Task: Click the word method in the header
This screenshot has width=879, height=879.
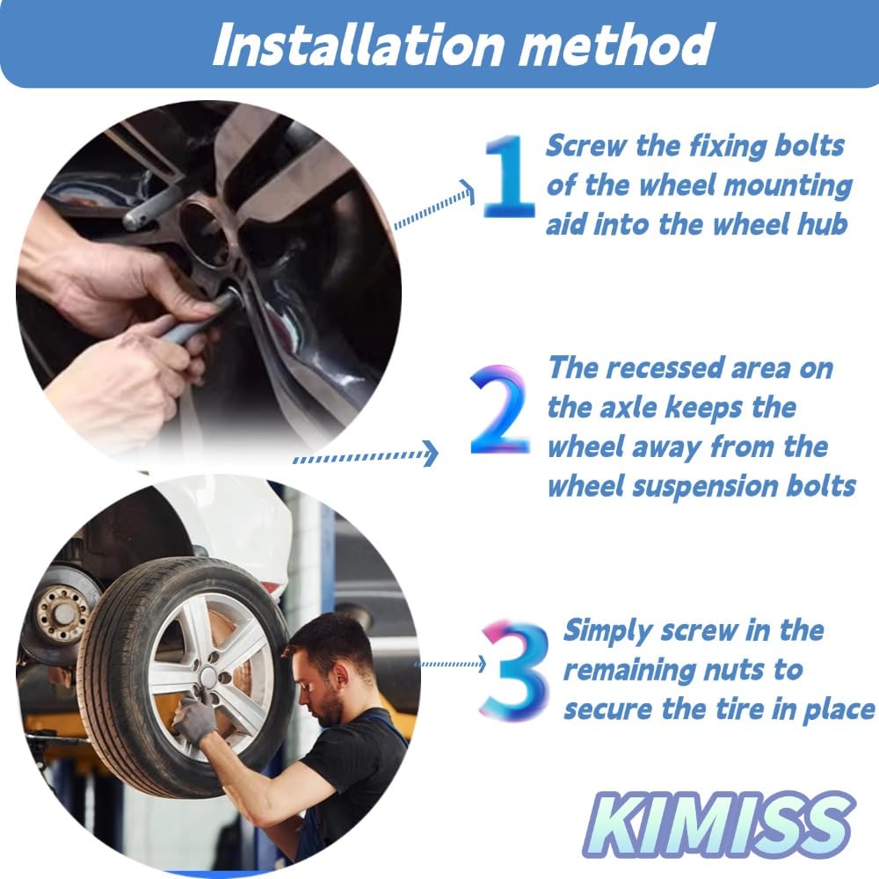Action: pos(615,45)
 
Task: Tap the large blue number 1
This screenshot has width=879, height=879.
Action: pos(508,177)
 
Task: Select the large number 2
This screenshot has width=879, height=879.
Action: pos(499,410)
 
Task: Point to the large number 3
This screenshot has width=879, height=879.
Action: pos(514,670)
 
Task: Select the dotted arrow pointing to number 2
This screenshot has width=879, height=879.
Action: pos(366,454)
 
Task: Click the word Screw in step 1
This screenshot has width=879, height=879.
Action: pos(585,146)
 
